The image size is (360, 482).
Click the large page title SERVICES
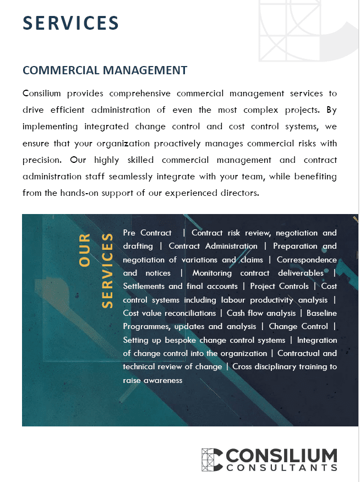click(71, 23)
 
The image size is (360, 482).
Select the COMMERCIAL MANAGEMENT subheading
click(105, 70)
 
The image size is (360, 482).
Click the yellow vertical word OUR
click(84, 250)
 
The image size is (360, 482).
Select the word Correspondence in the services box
click(307, 260)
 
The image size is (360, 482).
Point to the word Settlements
click(144, 286)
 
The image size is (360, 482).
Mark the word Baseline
click(322, 313)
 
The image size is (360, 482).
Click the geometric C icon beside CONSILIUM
click(212, 459)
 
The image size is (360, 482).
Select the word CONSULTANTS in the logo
click(282, 468)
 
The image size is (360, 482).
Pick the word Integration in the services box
click(317, 340)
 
